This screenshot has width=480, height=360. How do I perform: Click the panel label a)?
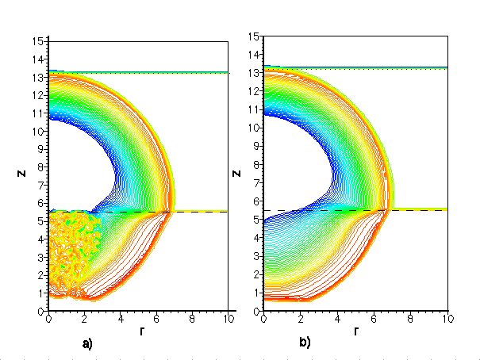click(x=87, y=344)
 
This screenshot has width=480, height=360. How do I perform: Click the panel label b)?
click(x=305, y=343)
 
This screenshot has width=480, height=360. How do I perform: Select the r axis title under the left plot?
click(x=140, y=331)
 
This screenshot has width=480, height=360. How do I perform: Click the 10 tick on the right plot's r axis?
click(x=447, y=320)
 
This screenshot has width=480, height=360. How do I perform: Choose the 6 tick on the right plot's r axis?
click(x=374, y=320)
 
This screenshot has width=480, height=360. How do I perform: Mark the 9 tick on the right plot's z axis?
click(x=256, y=146)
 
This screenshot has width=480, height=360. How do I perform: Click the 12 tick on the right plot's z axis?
click(x=253, y=90)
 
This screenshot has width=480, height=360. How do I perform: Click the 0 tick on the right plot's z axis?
click(x=256, y=311)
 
